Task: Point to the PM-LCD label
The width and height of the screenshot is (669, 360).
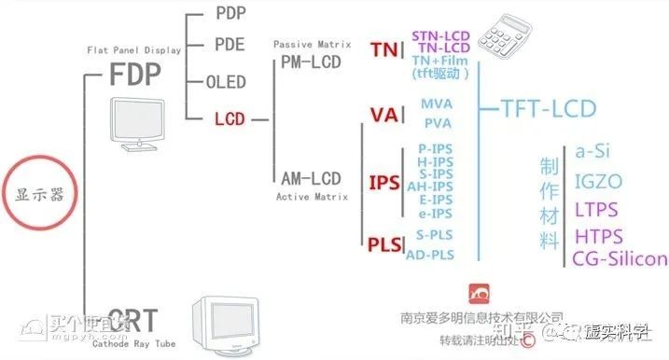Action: (x=311, y=62)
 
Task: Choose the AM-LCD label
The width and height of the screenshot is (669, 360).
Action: (x=312, y=177)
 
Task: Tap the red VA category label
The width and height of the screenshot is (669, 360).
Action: (x=383, y=115)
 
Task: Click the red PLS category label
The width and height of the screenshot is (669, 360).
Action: (x=384, y=244)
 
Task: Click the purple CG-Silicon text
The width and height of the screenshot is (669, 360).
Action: (x=620, y=258)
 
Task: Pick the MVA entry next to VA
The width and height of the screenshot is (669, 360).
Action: (x=437, y=104)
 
